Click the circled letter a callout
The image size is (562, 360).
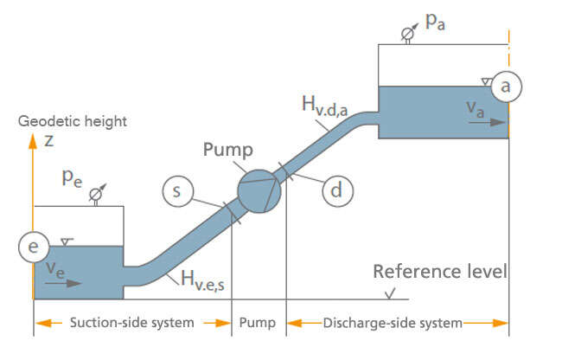(x=508, y=87)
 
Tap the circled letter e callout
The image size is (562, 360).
(x=33, y=247)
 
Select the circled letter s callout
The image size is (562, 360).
(x=176, y=191)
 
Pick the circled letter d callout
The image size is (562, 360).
(x=336, y=190)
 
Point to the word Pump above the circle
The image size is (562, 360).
(x=227, y=149)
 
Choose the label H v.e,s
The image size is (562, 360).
(x=210, y=278)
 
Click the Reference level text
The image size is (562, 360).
(x=439, y=272)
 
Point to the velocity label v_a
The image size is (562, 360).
(x=475, y=108)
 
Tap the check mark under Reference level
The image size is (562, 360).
(x=393, y=294)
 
